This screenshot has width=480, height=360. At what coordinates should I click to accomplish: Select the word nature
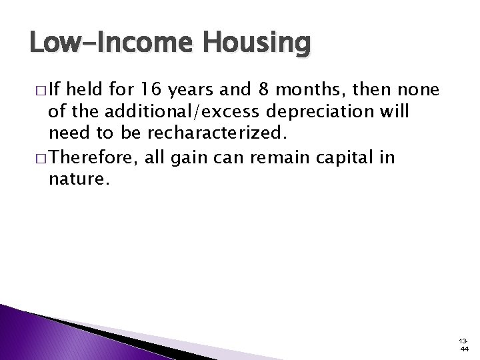(x=74, y=179)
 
